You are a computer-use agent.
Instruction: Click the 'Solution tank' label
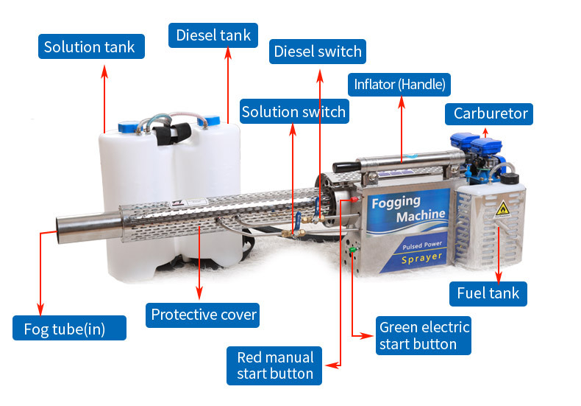(x=90, y=47)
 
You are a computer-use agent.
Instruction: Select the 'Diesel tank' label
(x=213, y=35)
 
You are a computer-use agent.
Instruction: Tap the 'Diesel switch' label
(x=317, y=52)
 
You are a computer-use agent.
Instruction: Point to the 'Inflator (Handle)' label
(x=400, y=84)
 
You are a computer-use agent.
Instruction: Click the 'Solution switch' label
(x=293, y=112)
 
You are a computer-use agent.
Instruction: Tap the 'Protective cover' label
(x=204, y=315)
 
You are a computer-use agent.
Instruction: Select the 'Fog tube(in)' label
(x=69, y=329)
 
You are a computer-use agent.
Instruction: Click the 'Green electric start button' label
(x=423, y=335)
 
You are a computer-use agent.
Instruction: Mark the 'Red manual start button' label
(x=274, y=365)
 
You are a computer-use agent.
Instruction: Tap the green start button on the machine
(x=353, y=251)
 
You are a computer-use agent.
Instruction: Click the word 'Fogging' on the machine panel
(x=396, y=201)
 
